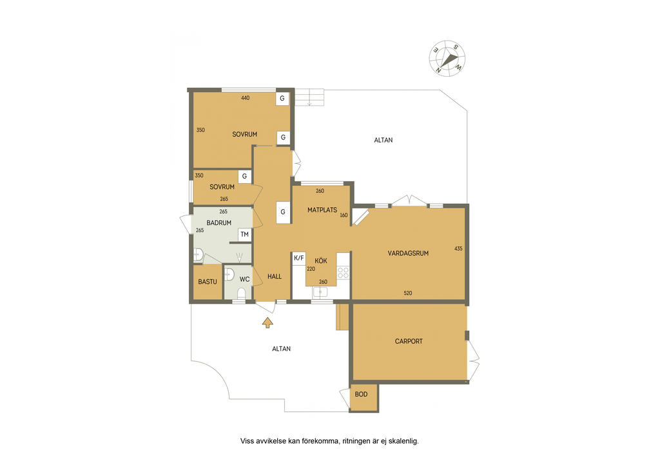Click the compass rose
pyautogui.click(x=447, y=59)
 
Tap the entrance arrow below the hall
pyautogui.click(x=267, y=323)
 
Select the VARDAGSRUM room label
pyautogui.click(x=408, y=253)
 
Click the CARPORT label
pyautogui.click(x=409, y=341)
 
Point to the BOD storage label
pyautogui.click(x=361, y=395)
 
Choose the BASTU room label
pyautogui.click(x=208, y=282)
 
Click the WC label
pyautogui.click(x=244, y=279)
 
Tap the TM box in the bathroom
pyautogui.click(x=244, y=235)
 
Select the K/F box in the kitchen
pyautogui.click(x=299, y=258)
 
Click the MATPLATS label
pyautogui.click(x=322, y=210)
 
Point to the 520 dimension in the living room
pyautogui.click(x=407, y=293)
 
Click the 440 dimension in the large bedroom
pyautogui.click(x=246, y=98)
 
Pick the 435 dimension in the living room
pyautogui.click(x=458, y=249)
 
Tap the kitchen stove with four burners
pyautogui.click(x=343, y=272)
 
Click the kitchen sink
pyautogui.click(x=320, y=292)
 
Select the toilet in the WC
pyautogui.click(x=241, y=293)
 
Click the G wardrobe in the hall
pyautogui.click(x=283, y=212)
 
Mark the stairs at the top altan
pyautogui.click(x=309, y=97)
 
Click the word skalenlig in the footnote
pyautogui.click(x=404, y=441)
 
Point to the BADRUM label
pyautogui.click(x=219, y=223)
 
